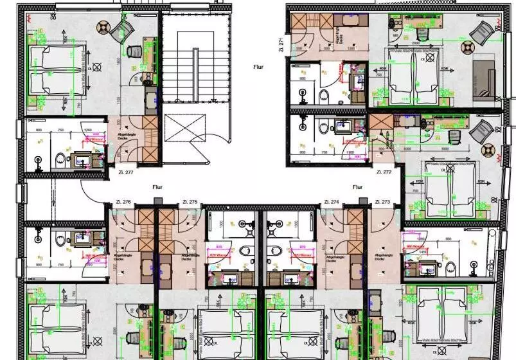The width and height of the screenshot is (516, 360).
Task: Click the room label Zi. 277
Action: pos(125,172)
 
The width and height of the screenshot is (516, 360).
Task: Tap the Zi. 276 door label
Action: pos(123,203)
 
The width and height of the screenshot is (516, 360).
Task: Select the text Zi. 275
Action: pos(189,203)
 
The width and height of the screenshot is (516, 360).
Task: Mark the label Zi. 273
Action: pos(381,203)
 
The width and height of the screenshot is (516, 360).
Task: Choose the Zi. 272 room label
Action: pos(383,173)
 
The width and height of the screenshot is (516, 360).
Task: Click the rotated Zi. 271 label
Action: pos(281,44)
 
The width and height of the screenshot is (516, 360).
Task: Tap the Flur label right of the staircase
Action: pos(258,66)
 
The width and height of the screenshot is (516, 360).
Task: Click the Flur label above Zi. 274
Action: pos(359,187)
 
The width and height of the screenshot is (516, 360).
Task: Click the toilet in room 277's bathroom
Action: pos(59,158)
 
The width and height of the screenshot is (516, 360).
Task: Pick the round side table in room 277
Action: pos(104,27)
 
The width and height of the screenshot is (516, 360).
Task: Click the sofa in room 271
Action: pos(485,80)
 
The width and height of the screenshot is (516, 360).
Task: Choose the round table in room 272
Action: pos(490,151)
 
